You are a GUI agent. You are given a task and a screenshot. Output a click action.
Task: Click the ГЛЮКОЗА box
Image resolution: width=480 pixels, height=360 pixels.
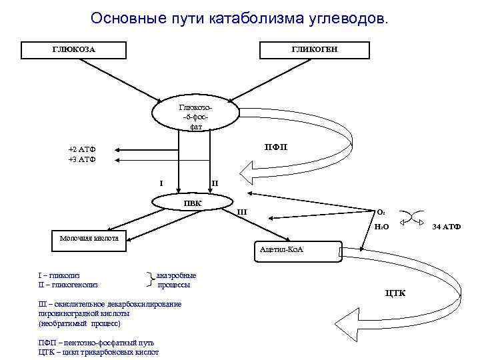[x=73, y=50]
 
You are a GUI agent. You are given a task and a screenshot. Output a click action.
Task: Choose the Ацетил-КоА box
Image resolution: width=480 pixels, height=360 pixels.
[x=287, y=249]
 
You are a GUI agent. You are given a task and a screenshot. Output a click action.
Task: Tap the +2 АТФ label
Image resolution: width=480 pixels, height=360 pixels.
[x=82, y=149]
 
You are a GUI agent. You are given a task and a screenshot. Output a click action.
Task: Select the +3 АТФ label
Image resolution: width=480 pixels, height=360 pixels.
[x=82, y=159]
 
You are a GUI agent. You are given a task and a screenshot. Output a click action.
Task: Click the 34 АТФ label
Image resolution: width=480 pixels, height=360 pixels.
[x=446, y=227]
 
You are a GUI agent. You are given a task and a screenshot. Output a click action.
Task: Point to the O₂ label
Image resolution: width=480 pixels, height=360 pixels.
[x=380, y=211]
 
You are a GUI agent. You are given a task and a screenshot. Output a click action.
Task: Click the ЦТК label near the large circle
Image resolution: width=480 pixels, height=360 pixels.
[x=396, y=293]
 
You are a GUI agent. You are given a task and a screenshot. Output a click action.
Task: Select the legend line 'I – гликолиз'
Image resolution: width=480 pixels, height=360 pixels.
[x=59, y=275]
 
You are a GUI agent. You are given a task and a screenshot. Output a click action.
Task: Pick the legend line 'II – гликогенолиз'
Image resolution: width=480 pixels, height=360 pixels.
[x=69, y=285]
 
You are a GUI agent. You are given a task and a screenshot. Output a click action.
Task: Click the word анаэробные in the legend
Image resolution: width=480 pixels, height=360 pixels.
[x=176, y=275]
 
